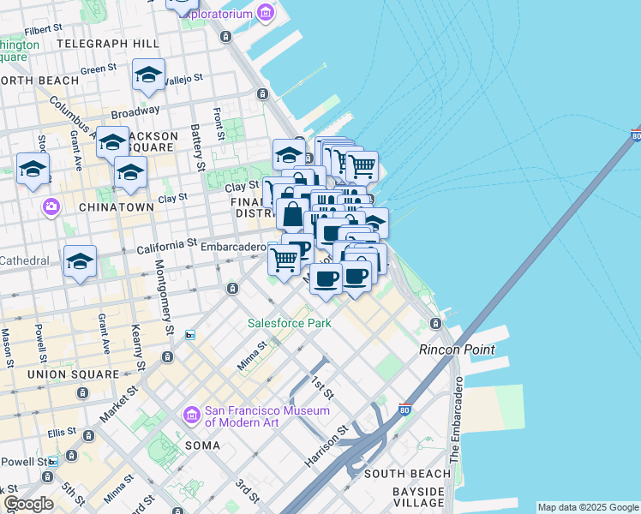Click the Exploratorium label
(x=217, y=14)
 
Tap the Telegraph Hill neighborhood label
(x=108, y=43)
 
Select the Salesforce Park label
(x=289, y=323)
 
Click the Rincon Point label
(x=457, y=350)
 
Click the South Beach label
(x=407, y=474)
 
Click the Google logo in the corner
(x=28, y=504)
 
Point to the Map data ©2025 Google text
(x=588, y=507)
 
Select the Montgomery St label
(x=165, y=304)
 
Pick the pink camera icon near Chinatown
(x=51, y=207)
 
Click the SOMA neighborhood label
(x=202, y=445)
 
